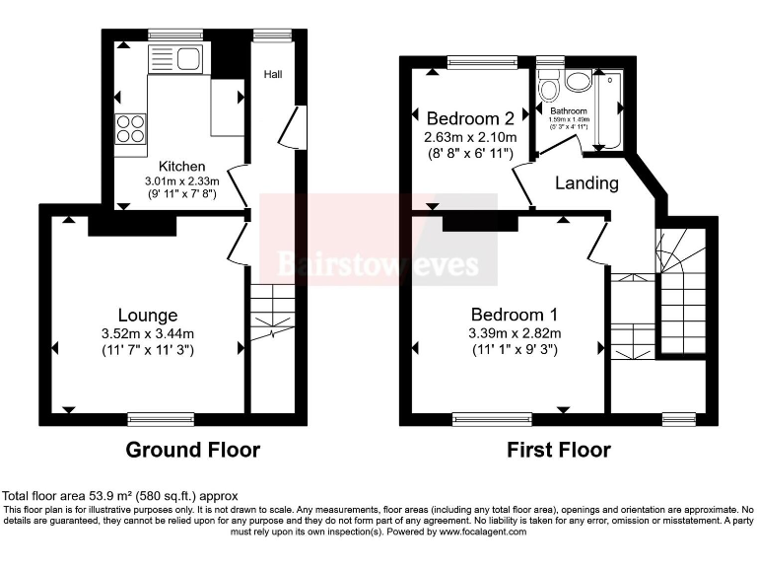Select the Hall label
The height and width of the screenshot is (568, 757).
pyautogui.click(x=273, y=73)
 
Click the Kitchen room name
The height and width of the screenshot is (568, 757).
pyautogui.click(x=182, y=166)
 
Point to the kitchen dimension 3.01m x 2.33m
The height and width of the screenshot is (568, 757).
pyautogui.click(x=182, y=180)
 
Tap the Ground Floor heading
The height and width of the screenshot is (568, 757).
pyautogui.click(x=193, y=451)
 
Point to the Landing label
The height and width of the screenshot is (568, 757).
pyautogui.click(x=586, y=182)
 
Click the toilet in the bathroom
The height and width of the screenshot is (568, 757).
pyautogui.click(x=549, y=88)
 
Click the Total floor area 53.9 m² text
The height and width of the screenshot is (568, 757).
pyautogui.click(x=120, y=495)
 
